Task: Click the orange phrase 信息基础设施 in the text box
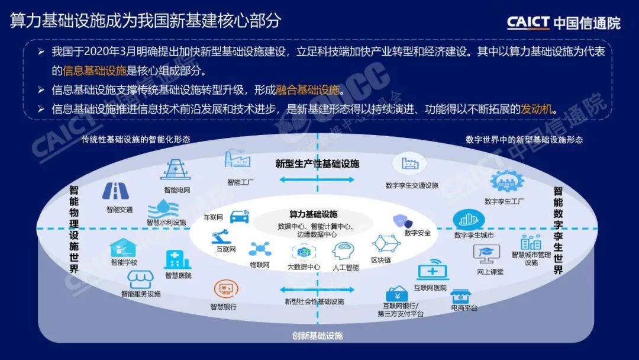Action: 95,70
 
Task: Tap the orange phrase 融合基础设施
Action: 308,90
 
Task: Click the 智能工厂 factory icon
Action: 237,160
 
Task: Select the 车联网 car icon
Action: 239,217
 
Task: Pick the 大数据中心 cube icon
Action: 304,252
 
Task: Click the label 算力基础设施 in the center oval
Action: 313,214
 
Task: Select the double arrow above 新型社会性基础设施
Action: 313,290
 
